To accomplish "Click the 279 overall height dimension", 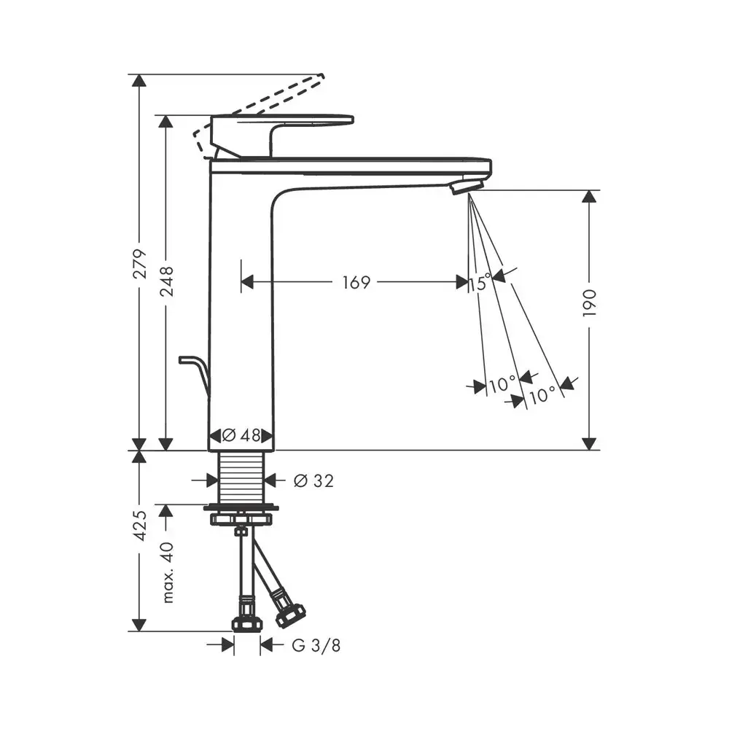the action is pos(140,264).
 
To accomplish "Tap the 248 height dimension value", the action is pos(166,281).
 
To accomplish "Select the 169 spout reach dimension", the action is pos(356,282).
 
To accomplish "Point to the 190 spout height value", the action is pos(589,303).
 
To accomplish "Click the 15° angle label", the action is pos(480,282).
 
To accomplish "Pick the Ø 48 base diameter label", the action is pos(241,436).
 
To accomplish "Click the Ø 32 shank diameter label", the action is pos(313,480).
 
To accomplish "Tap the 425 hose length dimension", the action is pos(140,526).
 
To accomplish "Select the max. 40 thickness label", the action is pos(167,572).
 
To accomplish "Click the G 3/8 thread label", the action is pos(316,645).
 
